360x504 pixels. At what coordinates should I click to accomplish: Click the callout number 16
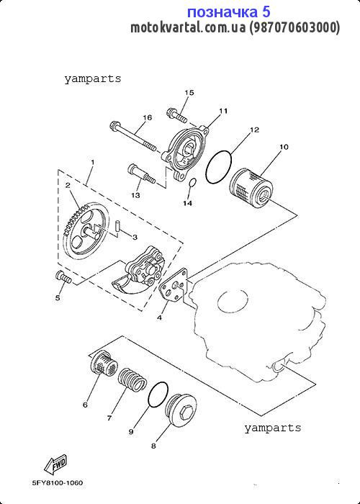(x=147, y=117)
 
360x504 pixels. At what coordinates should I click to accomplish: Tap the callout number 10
(x=284, y=147)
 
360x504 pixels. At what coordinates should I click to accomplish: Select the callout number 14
(x=187, y=203)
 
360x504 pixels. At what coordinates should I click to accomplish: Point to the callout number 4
(x=159, y=318)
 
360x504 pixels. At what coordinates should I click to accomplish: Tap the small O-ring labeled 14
(x=192, y=183)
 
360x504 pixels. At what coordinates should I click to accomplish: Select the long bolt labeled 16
(x=132, y=136)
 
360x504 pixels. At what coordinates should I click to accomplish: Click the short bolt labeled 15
(x=177, y=117)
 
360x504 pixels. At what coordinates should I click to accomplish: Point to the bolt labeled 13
(x=142, y=174)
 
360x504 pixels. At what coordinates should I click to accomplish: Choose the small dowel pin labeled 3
(x=117, y=226)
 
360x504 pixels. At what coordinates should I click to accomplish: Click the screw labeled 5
(x=64, y=277)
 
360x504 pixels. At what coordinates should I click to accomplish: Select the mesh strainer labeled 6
(x=103, y=366)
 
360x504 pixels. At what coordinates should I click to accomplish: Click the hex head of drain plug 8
(x=186, y=412)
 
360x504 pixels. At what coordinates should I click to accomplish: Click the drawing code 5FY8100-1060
(x=58, y=483)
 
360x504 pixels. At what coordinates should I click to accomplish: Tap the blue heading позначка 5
(x=228, y=12)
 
